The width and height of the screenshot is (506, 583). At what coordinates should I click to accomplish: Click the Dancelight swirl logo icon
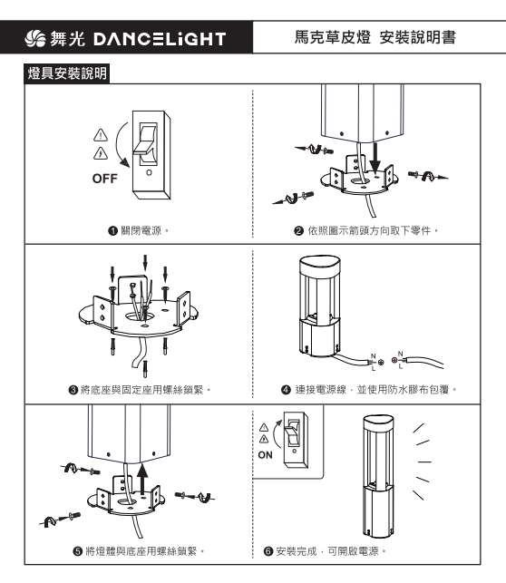point(35,39)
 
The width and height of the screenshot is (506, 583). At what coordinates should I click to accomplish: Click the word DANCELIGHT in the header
point(160,39)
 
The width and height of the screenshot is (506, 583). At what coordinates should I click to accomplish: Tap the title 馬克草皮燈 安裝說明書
point(375,37)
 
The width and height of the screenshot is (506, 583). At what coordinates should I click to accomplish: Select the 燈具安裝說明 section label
point(67,73)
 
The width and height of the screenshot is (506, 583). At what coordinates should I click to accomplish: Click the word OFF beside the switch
point(105,179)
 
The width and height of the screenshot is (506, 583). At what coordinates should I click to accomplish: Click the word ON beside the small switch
point(265,455)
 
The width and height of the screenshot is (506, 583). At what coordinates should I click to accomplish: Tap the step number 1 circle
point(112,231)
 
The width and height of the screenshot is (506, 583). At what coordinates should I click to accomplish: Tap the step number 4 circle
point(286,390)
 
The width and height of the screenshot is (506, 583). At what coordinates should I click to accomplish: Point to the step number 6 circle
point(268,551)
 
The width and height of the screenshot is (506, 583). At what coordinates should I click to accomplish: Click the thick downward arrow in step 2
point(375,157)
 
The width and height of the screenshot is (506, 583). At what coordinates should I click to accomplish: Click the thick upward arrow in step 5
point(142,478)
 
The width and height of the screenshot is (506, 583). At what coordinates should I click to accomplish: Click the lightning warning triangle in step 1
point(101,153)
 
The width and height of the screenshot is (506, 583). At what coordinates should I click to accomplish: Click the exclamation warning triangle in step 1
point(101,134)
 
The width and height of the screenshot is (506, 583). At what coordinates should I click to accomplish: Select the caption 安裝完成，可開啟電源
point(330,551)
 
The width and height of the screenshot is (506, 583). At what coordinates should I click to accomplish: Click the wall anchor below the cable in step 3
point(145,368)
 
